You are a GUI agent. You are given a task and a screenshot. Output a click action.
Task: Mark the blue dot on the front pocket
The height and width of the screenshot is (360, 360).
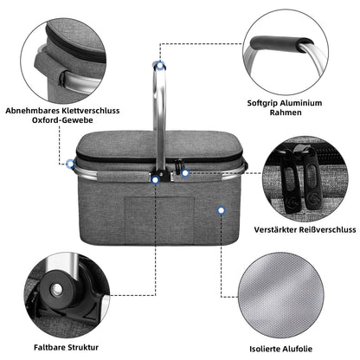222,210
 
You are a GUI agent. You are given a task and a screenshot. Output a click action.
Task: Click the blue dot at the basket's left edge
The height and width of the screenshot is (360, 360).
69,163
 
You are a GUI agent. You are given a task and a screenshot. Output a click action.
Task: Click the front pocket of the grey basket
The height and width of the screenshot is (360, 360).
147,221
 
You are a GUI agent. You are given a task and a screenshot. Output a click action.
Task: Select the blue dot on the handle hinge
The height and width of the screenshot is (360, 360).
156,179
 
